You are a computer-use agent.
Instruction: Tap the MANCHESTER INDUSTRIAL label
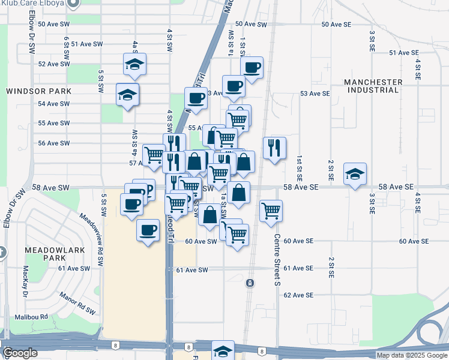coord(373,86)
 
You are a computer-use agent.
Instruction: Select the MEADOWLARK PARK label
coord(45,253)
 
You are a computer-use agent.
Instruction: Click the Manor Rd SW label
coord(77,303)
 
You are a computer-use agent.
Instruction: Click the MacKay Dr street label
coord(26,281)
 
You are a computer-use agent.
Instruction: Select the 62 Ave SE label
coord(298,295)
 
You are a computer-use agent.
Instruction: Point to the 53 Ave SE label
coord(315,94)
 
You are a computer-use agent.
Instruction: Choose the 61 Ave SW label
coord(192,270)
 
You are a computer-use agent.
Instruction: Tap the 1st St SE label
coord(298,169)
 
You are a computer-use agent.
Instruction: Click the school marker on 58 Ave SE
coord(355,174)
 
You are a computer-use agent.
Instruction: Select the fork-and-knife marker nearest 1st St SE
coord(274,148)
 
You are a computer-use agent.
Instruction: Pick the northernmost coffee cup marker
coord(252,67)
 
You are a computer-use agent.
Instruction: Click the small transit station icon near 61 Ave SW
coord(249,282)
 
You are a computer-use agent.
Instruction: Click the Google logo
coord(20,353)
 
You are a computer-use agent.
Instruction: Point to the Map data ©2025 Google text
coord(411,355)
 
